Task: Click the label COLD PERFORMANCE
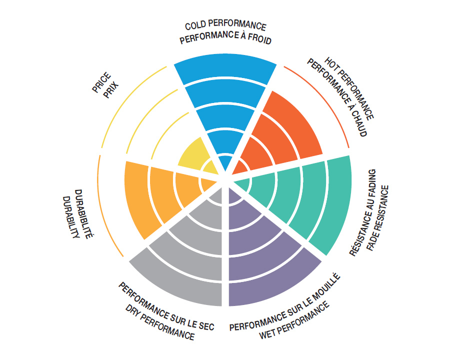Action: [x=225, y=25]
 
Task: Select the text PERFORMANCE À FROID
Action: [x=225, y=38]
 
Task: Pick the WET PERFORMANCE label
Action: [x=295, y=319]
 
